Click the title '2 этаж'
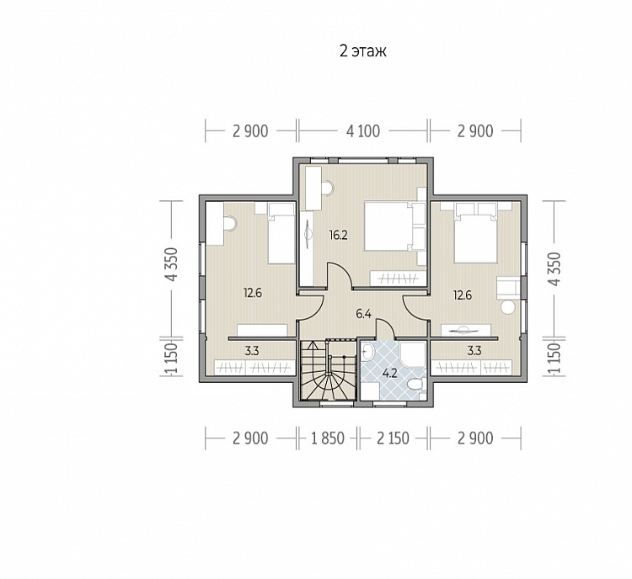362,51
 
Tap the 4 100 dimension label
362,131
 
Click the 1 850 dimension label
328,438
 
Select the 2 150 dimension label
393,438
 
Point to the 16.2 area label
338,235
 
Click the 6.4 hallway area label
363,314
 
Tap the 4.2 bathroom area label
389,374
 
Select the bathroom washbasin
367,353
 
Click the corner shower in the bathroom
413,355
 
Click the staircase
328,370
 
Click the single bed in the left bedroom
281,233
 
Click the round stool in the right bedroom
508,308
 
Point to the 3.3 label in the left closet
252,351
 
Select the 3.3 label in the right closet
474,351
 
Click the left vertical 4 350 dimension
172,264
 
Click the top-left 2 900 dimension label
250,131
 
